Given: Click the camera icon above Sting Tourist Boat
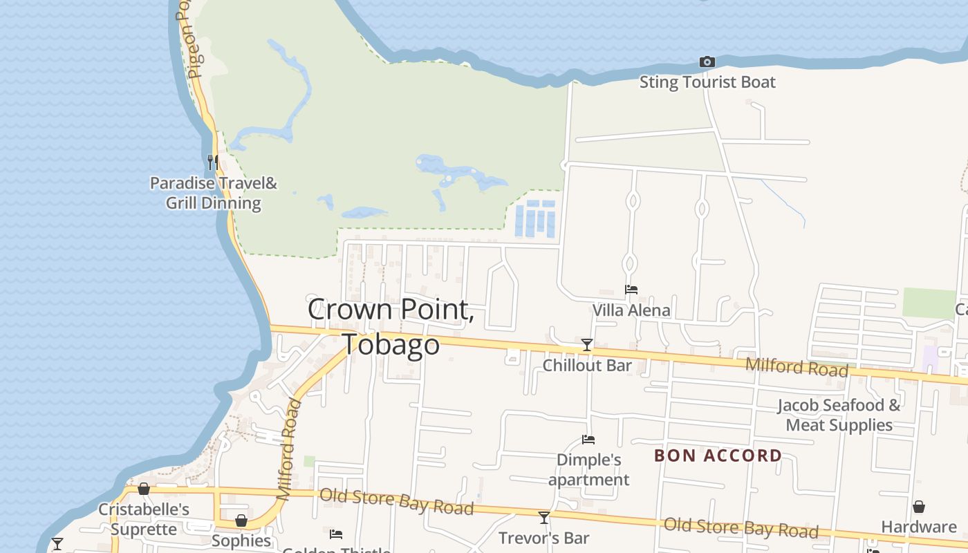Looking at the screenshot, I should tap(707, 62).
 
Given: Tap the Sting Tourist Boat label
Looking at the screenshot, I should tap(707, 82).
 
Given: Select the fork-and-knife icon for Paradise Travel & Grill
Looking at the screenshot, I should tap(213, 162).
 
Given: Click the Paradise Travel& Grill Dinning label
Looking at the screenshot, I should tap(214, 194).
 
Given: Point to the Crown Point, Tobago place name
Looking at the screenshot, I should tap(391, 326).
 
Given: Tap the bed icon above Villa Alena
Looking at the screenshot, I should tap(631, 290).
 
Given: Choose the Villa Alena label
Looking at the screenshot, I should tap(631, 310).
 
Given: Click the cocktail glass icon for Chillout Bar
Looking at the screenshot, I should tap(587, 344).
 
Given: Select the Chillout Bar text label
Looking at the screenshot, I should tap(587, 365).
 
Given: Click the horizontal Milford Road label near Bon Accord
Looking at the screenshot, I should tap(797, 366).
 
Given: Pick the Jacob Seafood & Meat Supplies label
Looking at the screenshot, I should tap(839, 415).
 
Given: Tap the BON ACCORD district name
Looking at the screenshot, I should tap(718, 456).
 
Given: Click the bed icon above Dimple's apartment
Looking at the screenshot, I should tap(588, 439).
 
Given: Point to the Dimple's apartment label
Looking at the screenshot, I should tap(589, 469).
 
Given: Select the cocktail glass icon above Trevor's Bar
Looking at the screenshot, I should tap(544, 517).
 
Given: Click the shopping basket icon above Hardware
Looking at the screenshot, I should tap(919, 507).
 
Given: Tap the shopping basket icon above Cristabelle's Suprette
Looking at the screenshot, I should tap(144, 489).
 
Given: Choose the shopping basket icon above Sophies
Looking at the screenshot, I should tap(241, 520).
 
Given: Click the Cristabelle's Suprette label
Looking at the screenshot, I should tap(144, 519).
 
